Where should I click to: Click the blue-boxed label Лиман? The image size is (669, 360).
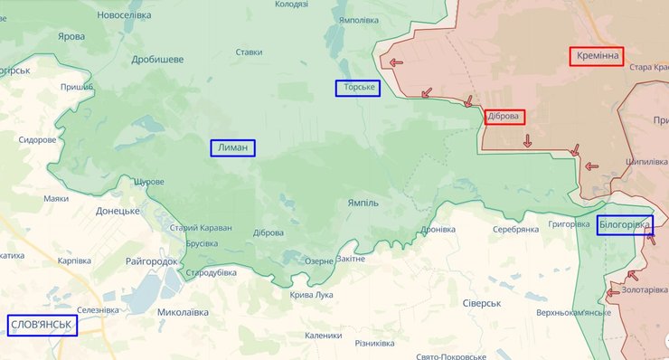coord(233,148)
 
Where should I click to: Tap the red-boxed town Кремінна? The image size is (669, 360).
coord(597,56)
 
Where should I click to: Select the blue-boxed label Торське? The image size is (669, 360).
coord(357,88)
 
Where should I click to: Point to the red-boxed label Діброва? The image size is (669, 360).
coord(504,117)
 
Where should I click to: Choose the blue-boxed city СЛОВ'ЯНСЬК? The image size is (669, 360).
coord(42,325)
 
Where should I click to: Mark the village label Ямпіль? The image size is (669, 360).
coord(363,204)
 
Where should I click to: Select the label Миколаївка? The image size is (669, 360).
coord(183,312)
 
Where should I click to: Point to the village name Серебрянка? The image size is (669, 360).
coord(515,230)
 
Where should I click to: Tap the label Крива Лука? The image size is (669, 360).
coord(311,295)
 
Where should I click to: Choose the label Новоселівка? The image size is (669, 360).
coord(125,15)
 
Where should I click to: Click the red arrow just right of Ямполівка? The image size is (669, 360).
coord(394,62)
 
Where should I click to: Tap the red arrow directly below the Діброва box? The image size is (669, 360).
coord(527,140)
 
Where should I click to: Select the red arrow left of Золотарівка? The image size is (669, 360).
coord(614,291)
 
